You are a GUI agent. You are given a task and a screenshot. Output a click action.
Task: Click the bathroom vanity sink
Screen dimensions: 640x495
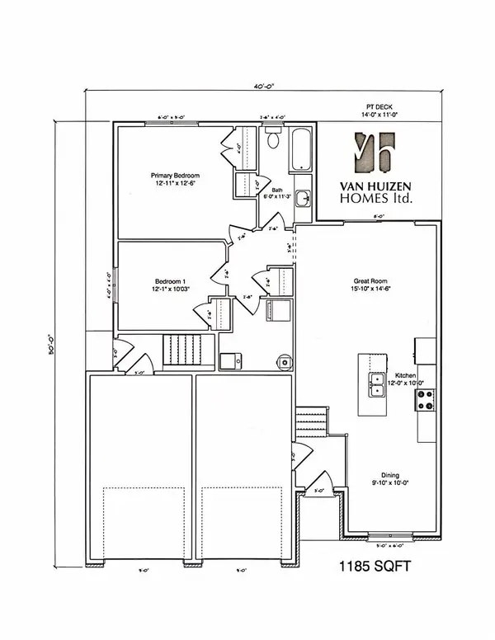click(x=304, y=198)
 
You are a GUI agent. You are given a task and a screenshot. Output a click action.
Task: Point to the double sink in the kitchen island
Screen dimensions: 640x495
click(x=375, y=385)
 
